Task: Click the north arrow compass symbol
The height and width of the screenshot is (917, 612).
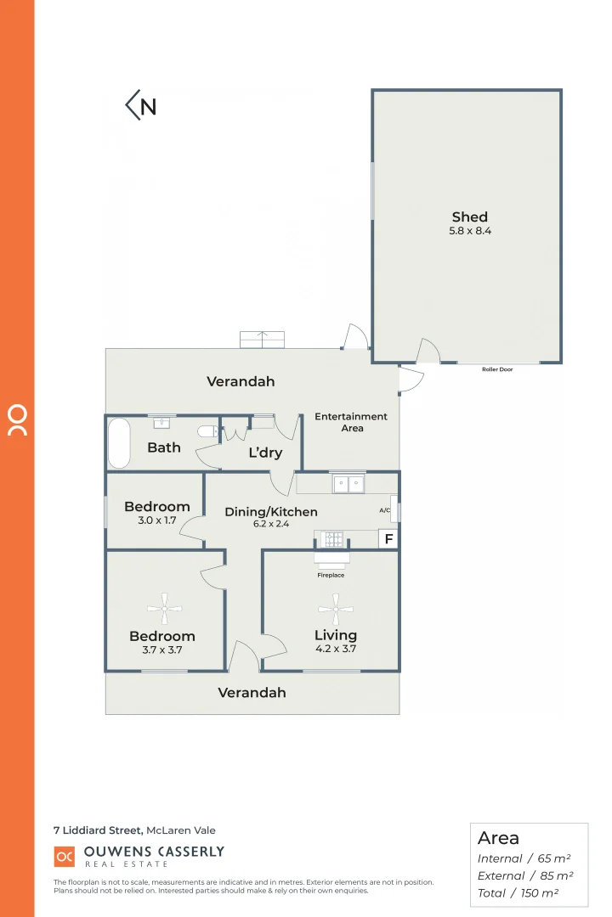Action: click(141, 105)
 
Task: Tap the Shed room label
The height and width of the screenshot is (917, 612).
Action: click(470, 217)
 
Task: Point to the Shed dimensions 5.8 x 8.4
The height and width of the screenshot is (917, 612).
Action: click(470, 231)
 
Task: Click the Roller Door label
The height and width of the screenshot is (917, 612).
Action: click(497, 369)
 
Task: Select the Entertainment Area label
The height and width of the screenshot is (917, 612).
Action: click(351, 422)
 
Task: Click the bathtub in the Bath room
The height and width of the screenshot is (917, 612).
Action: click(119, 442)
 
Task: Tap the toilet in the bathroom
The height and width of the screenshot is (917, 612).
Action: click(207, 431)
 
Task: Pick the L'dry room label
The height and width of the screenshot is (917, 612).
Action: click(264, 453)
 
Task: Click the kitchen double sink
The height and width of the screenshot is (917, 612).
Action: click(348, 484)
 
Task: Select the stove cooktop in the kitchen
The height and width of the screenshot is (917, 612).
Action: click(330, 538)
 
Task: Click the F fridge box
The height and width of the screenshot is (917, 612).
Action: click(388, 539)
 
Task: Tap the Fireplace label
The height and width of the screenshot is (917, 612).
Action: click(331, 575)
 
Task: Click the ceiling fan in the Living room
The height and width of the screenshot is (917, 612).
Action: click(335, 608)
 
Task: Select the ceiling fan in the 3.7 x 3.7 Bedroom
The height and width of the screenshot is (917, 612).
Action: click(164, 608)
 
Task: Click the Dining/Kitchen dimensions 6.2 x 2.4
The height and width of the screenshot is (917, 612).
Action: click(271, 524)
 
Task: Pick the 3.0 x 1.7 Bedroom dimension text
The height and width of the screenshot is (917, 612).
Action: click(156, 520)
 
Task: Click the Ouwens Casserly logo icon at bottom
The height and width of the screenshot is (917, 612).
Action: click(65, 856)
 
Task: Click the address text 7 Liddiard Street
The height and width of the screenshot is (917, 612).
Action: click(93, 830)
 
